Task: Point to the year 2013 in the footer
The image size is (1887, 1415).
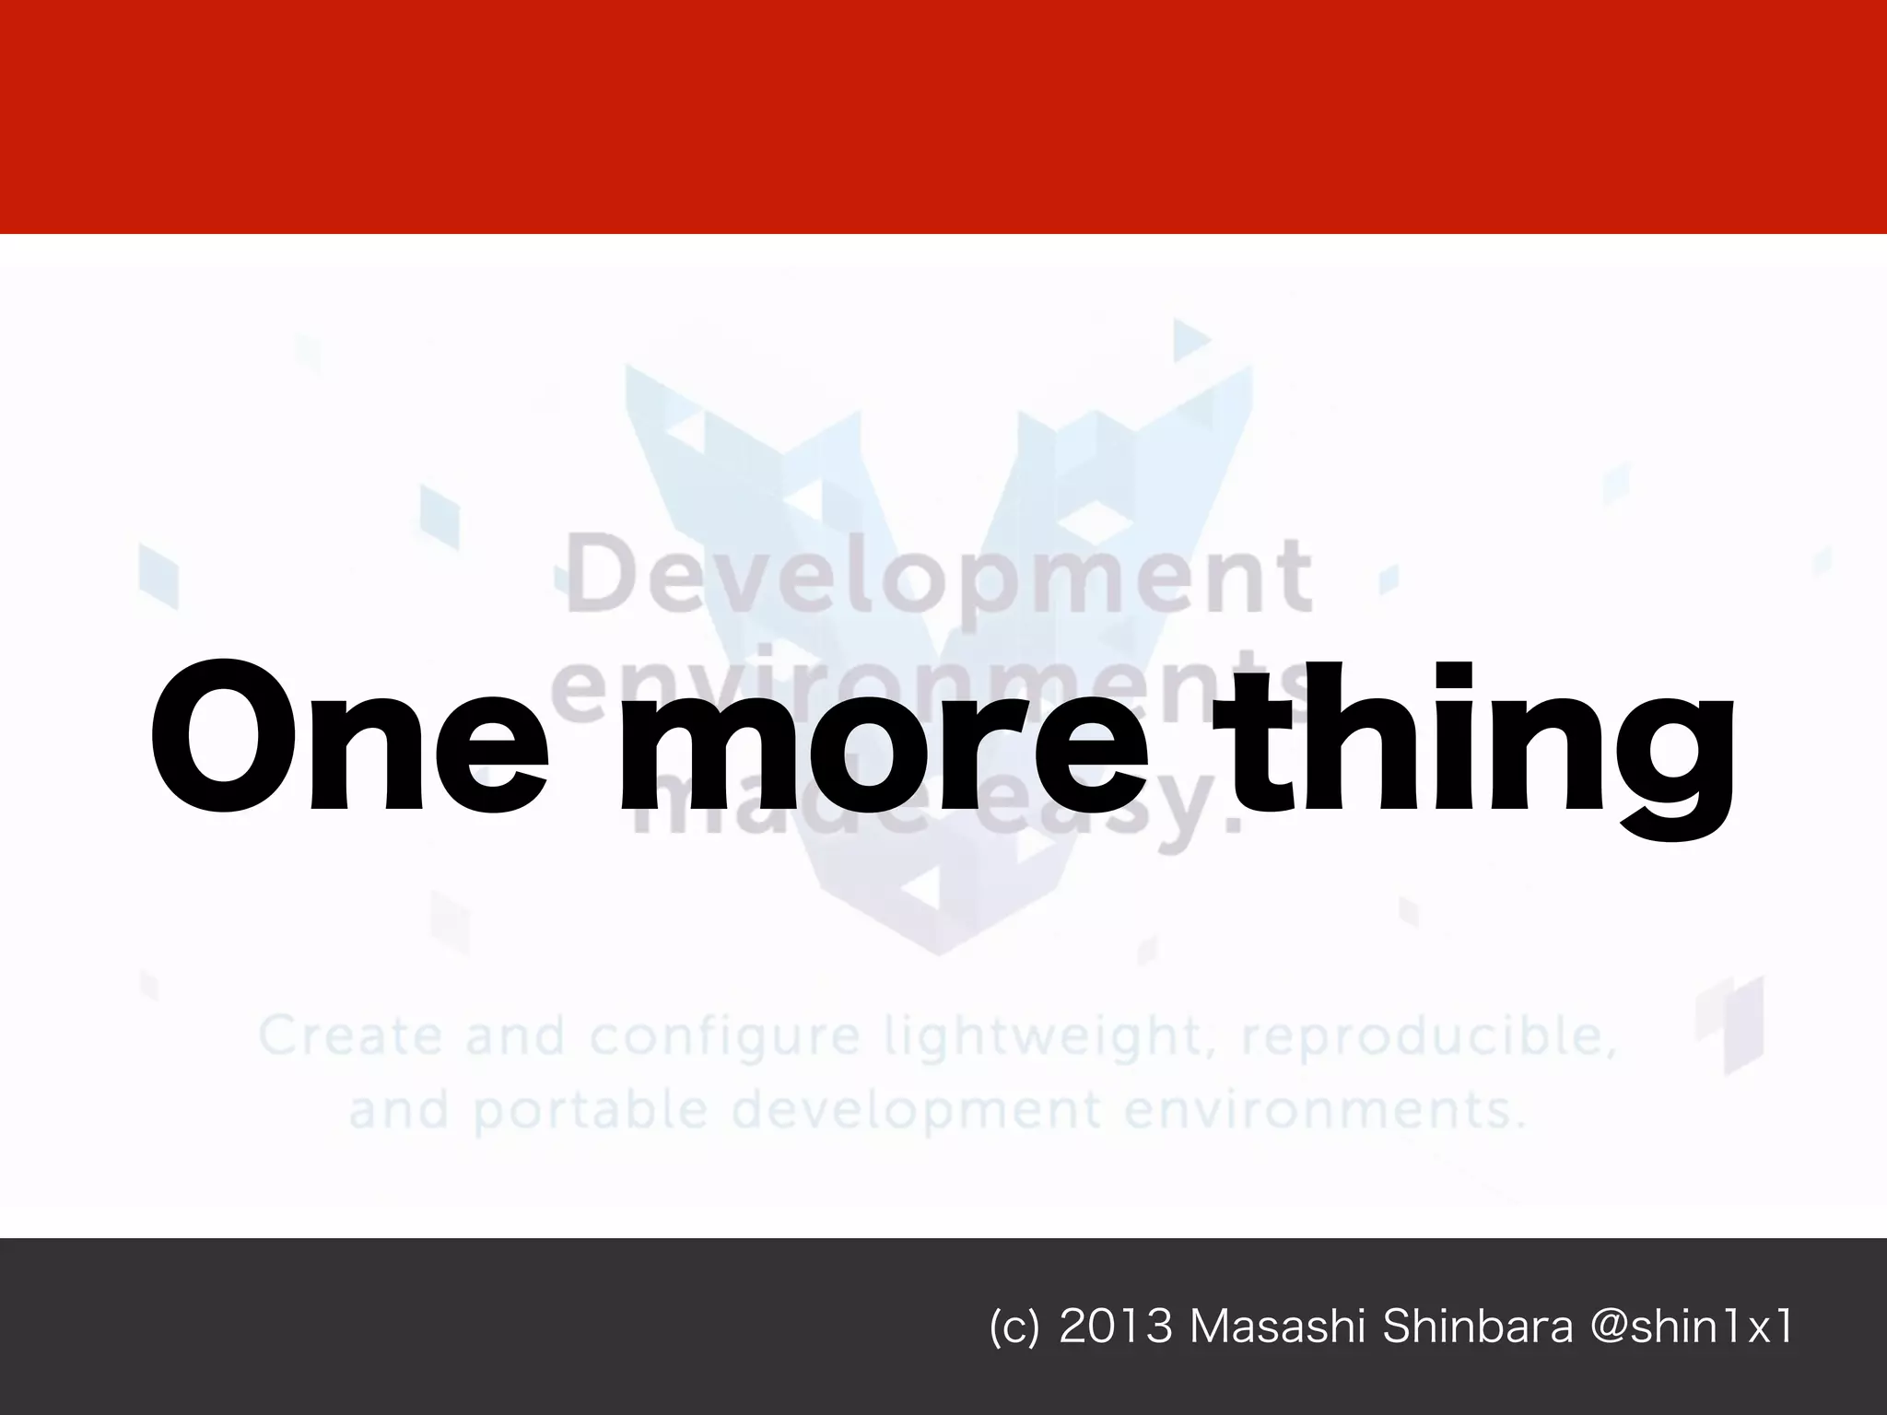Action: (1116, 1327)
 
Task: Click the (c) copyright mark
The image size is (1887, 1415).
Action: (1014, 1328)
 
